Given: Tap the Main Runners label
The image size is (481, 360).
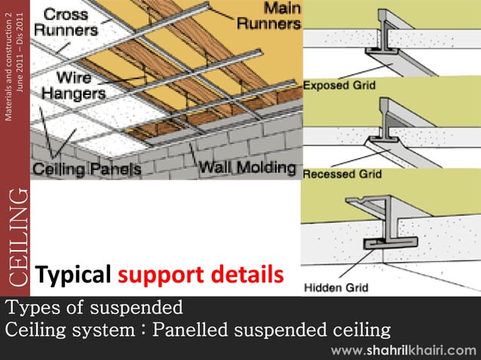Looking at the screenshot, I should [x=269, y=17].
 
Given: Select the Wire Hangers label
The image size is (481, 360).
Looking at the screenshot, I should [x=74, y=84].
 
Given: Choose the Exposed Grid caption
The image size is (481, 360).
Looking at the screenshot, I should [x=339, y=86].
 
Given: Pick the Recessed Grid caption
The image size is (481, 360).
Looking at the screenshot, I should [x=342, y=174].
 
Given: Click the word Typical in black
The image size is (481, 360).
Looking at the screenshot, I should [x=74, y=276].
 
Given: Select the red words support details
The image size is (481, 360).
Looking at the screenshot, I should [x=201, y=276].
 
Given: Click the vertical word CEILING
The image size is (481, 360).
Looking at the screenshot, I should [x=17, y=238].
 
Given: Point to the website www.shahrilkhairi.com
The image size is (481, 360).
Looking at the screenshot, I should [x=403, y=349].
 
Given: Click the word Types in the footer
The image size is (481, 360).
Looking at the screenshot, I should [x=32, y=308].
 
